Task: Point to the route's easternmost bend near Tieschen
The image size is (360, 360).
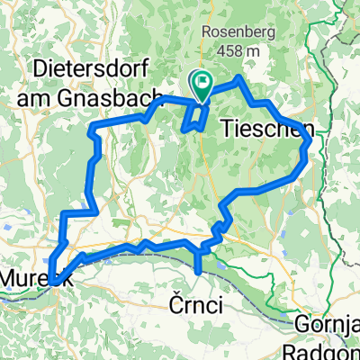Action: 310,142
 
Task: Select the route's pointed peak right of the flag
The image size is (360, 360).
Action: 238,79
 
